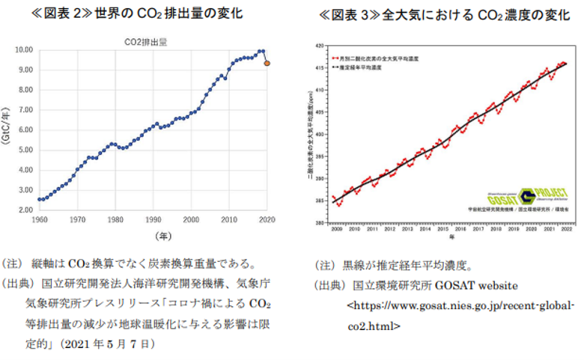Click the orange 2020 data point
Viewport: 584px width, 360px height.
click(x=267, y=64)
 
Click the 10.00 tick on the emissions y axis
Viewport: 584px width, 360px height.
click(x=22, y=50)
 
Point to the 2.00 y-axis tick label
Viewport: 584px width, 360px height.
click(x=23, y=210)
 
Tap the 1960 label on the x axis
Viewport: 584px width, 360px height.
click(x=38, y=220)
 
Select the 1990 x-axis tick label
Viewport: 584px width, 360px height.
click(x=153, y=220)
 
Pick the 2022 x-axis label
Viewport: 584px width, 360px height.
click(x=567, y=229)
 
